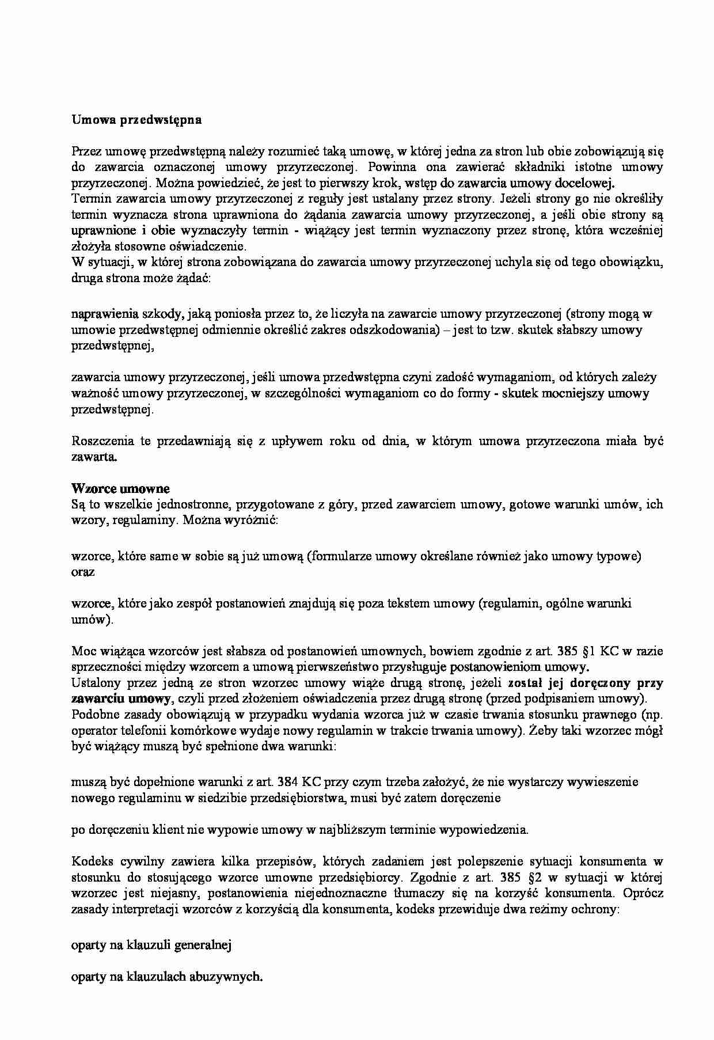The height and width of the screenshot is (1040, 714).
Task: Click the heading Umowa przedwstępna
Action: (136, 120)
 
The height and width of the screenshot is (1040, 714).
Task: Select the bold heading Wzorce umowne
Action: (120, 489)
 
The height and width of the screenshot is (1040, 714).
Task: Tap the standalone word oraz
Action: (83, 572)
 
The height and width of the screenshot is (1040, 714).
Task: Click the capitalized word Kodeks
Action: (92, 861)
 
